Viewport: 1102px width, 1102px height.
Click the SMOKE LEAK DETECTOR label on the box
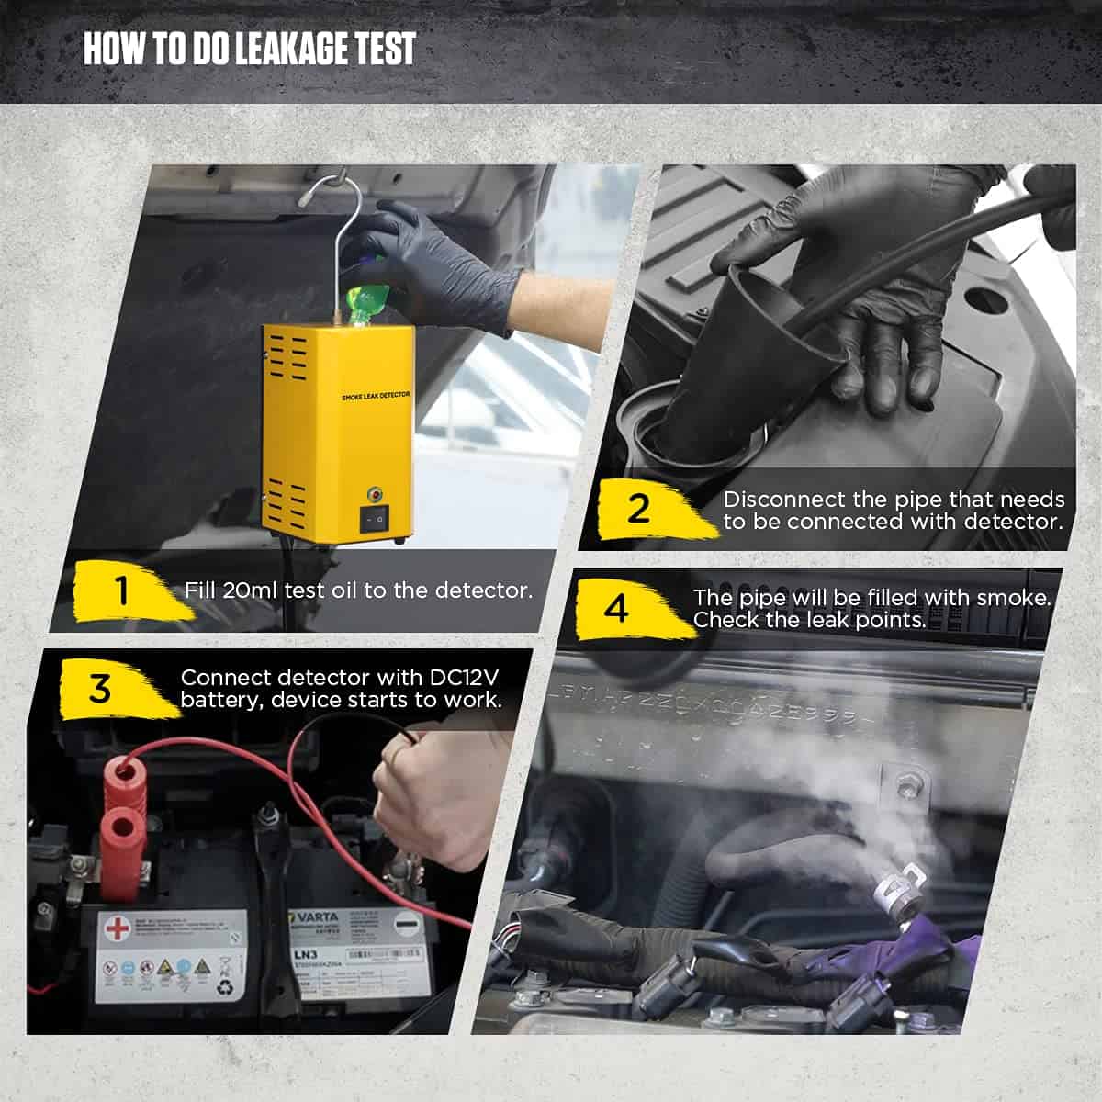(375, 395)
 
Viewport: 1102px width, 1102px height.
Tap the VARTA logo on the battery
(315, 917)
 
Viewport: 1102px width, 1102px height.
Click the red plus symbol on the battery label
(118, 928)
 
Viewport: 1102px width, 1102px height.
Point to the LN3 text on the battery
(305, 955)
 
